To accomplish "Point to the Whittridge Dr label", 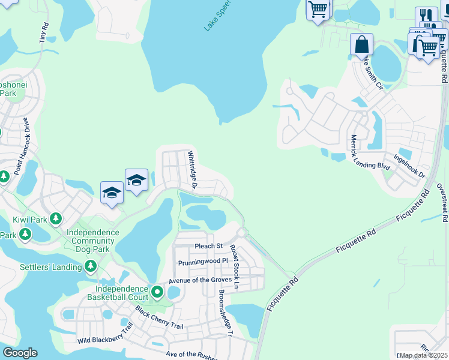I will coord(193,169).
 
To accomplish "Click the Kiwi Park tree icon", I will coord(56,219).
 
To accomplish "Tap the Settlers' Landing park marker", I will coord(91,265).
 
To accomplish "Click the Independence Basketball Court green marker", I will coord(157,292).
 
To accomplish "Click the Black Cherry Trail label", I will coord(158,319).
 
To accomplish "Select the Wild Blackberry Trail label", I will coord(105,333).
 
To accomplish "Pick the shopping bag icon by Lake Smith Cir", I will coord(362,44).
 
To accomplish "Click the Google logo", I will coord(20,353).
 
